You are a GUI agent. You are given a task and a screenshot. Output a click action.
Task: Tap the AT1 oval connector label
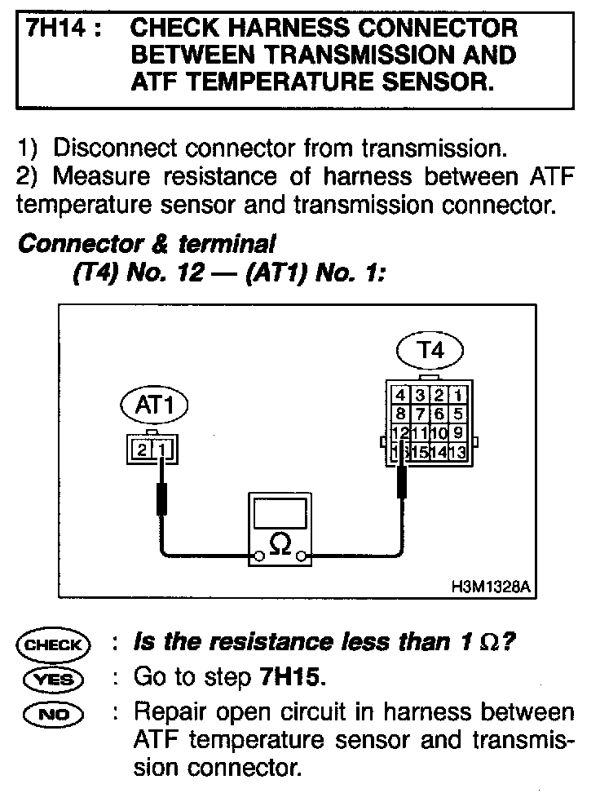153,404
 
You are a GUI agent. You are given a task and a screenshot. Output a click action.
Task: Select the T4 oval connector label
430,351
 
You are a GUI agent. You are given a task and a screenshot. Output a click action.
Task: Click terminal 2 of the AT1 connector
142,448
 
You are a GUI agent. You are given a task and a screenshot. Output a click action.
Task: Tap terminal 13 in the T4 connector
457,451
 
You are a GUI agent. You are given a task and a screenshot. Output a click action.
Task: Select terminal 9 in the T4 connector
457,432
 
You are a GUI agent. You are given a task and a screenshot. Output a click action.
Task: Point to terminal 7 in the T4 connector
420,414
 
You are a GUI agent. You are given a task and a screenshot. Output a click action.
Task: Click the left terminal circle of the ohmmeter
258,557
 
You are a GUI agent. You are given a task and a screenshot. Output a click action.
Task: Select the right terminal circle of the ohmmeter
302,557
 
